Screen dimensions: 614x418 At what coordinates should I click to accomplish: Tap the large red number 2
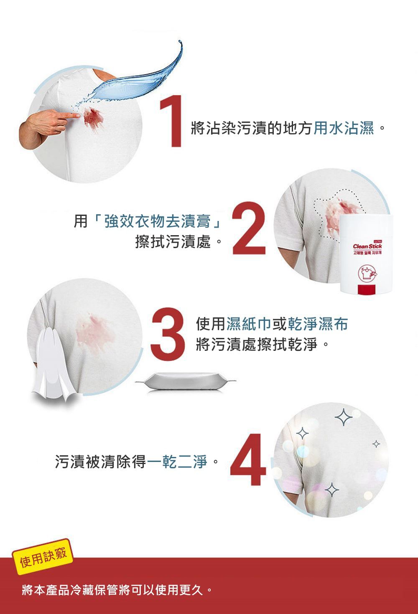(x=249, y=228)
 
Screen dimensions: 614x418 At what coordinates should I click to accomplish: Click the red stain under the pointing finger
(x=92, y=117)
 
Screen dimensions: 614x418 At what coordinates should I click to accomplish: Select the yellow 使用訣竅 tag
(x=43, y=558)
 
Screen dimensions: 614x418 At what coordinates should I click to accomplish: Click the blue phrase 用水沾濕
(x=344, y=129)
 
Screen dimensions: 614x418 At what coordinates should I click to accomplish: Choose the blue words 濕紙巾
(x=249, y=324)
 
